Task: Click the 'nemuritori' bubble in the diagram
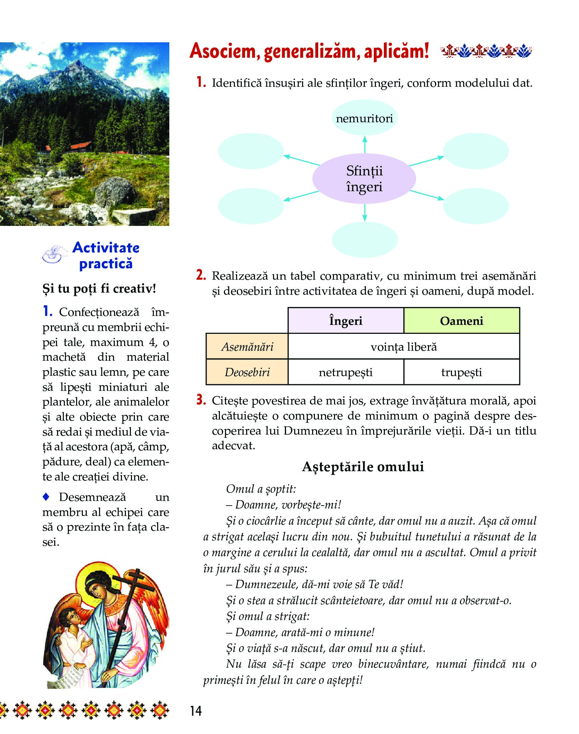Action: (x=364, y=118)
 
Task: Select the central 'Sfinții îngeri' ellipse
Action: (x=364, y=179)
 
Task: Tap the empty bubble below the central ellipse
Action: (x=364, y=240)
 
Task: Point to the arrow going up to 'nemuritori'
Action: (x=365, y=145)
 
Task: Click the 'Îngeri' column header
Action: (x=346, y=321)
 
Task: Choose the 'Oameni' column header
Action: (x=461, y=321)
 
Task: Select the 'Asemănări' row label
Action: (x=247, y=346)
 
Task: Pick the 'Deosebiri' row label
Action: (x=247, y=372)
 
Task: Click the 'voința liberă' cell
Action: (x=404, y=346)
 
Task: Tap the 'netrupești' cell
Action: (x=346, y=372)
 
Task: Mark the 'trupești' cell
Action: (x=461, y=372)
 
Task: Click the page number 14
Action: (x=196, y=711)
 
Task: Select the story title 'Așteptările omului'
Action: (x=363, y=467)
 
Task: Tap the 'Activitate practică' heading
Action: (x=106, y=255)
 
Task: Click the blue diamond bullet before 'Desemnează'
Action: (x=46, y=497)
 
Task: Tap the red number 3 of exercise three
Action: (x=201, y=400)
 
